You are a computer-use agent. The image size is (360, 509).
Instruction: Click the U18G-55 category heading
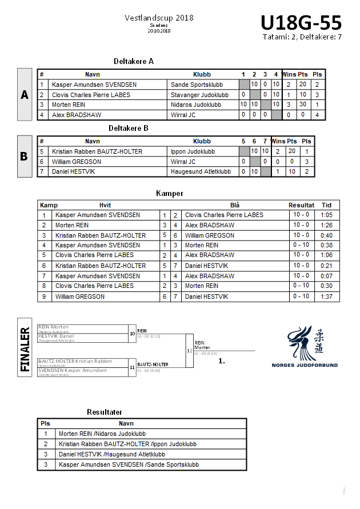coord(301,23)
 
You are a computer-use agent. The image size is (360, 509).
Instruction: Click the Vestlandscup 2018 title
coord(159,18)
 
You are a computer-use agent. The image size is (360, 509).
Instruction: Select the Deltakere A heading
coord(134,61)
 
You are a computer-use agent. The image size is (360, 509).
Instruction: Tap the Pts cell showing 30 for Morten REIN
coord(303,105)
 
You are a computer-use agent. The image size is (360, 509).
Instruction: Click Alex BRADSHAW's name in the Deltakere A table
coord(77,115)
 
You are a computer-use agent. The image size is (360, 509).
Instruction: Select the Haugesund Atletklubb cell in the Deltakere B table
coord(201,171)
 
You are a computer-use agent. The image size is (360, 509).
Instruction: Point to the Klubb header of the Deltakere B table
coord(202,141)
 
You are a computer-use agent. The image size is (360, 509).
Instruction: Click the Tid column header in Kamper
coord(326,205)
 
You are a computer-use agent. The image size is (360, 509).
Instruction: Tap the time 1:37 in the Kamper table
coord(326,296)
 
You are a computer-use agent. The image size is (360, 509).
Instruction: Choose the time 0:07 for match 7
coord(326,276)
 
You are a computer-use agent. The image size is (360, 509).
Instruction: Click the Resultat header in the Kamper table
coord(301,205)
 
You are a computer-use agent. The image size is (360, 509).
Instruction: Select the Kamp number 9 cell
coord(44,296)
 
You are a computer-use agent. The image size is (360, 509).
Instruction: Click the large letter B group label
coord(24,156)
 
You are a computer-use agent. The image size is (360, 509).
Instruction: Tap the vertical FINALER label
coord(25,350)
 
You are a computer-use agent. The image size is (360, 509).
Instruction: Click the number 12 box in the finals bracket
coord(190,350)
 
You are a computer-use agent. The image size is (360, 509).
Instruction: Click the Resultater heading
coord(105,412)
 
